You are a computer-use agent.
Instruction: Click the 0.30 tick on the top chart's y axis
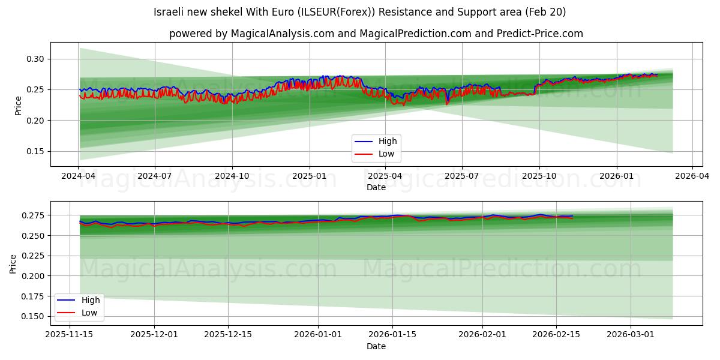(35, 59)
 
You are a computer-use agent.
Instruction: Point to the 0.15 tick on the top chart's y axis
(35, 152)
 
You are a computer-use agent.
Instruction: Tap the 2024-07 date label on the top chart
(155, 176)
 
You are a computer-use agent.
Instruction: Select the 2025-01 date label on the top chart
(310, 176)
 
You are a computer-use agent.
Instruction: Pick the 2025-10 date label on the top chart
(539, 176)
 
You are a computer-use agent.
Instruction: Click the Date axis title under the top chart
(376, 187)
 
